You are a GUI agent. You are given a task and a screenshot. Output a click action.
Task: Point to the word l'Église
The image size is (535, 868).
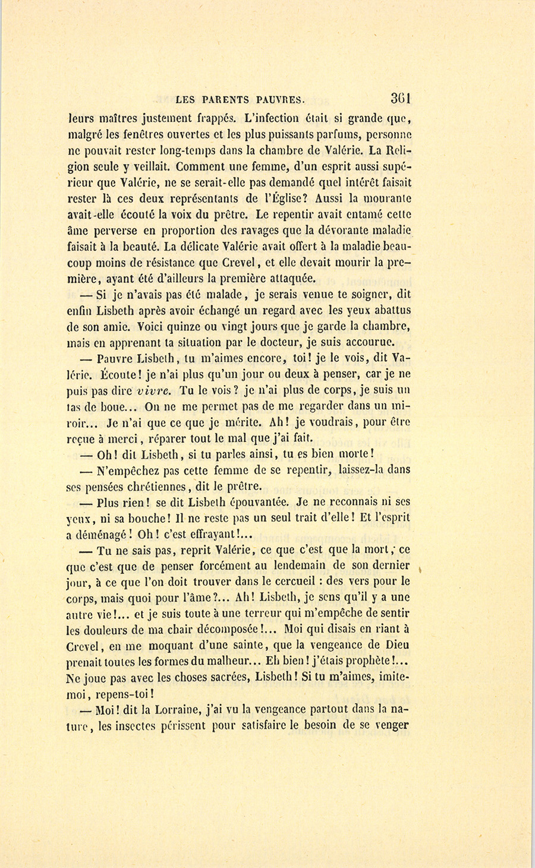282,198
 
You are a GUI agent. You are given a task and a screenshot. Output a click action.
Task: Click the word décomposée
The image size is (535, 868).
228,629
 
